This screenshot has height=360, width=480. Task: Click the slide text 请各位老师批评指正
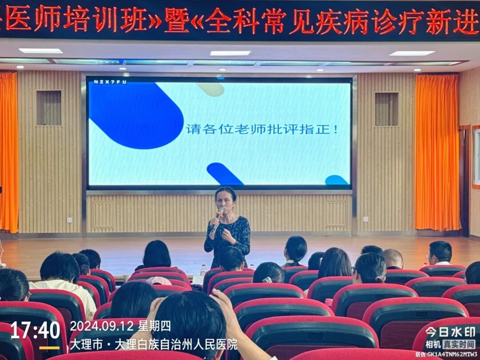[x=262, y=130]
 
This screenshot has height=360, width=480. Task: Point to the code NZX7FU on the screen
[x=104, y=82]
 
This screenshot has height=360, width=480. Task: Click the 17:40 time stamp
[x=35, y=330]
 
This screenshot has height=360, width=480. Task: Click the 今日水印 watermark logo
[x=450, y=332]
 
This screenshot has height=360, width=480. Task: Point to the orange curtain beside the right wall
[x=437, y=153]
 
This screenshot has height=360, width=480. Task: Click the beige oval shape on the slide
[x=211, y=89]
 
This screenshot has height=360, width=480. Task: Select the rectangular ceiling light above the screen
[x=230, y=53]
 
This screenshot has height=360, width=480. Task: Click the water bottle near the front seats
[x=203, y=270]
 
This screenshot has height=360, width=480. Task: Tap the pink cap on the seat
[x=159, y=281]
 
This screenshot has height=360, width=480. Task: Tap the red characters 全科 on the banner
[x=232, y=21]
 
